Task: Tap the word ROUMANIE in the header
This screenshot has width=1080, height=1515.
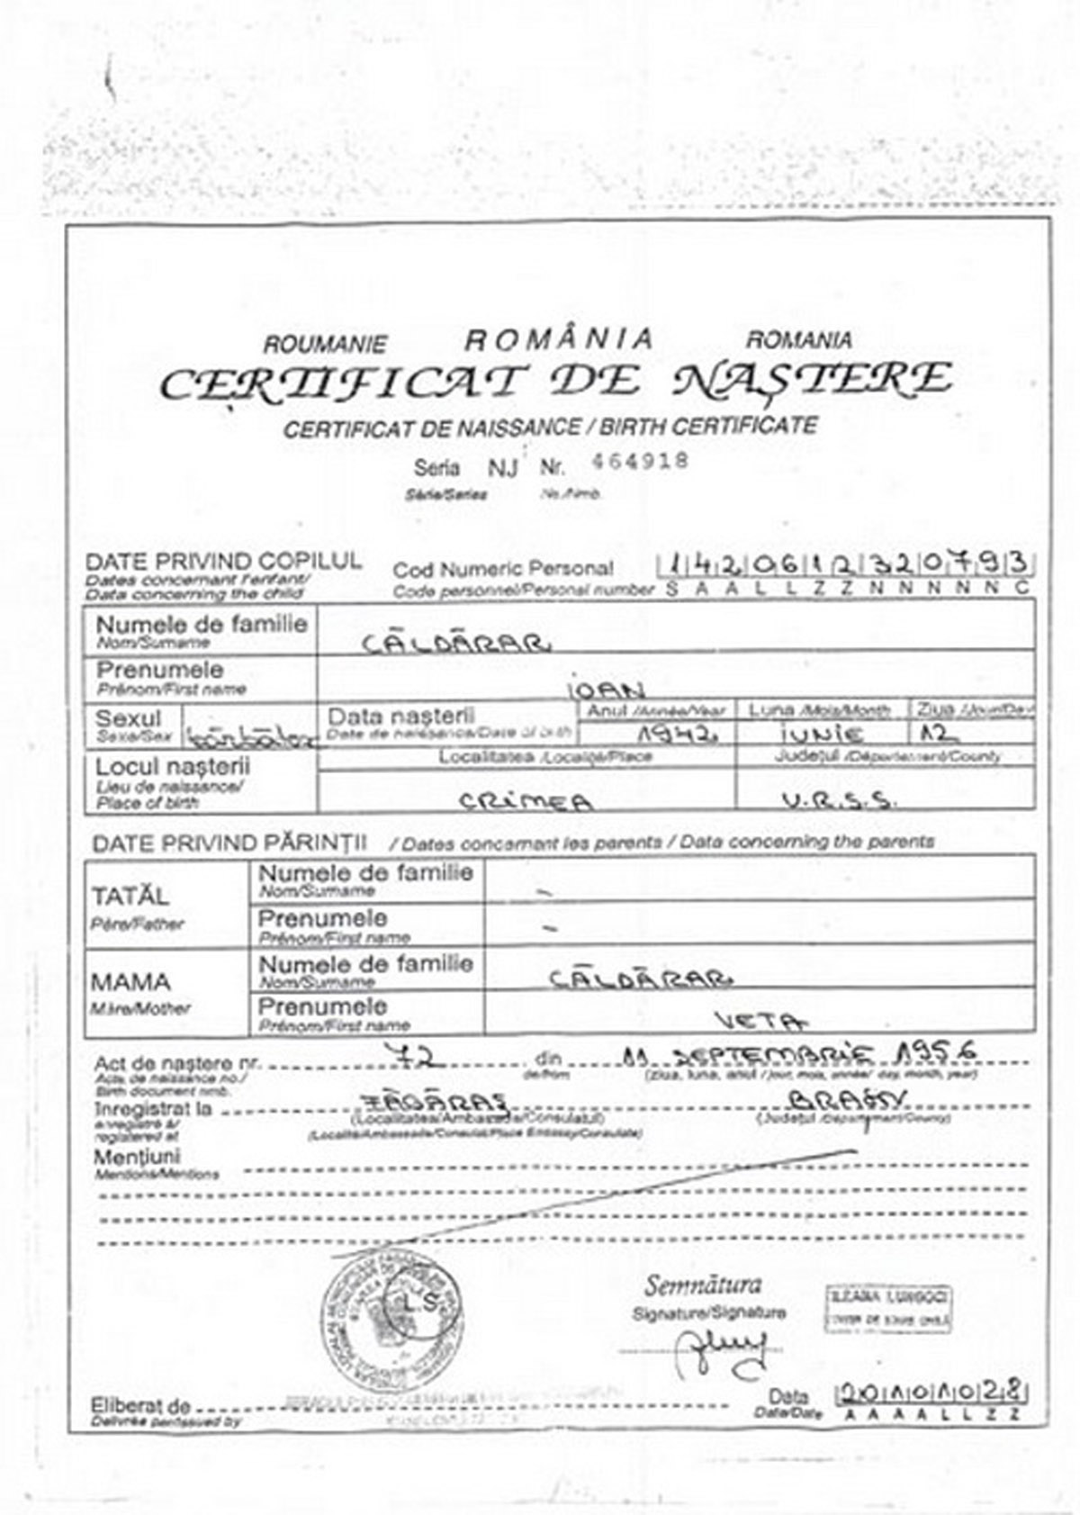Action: [325, 345]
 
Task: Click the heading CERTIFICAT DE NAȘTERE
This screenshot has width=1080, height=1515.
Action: [554, 382]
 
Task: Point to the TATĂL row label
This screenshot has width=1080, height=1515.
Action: [130, 897]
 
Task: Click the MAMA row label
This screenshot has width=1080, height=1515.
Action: [130, 982]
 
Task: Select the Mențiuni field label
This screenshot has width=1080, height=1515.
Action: [137, 1157]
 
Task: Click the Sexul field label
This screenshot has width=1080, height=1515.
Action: [129, 719]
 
